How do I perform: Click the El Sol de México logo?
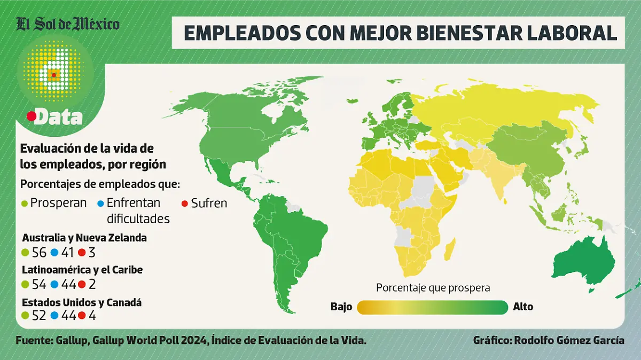68,25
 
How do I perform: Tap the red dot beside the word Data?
32,116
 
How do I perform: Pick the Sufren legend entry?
205,204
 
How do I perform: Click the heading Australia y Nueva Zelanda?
84,238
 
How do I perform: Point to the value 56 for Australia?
40,253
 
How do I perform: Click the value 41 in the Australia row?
68,253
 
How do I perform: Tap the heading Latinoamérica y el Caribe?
82,270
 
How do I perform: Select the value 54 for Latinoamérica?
40,285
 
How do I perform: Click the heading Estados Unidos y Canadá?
82,302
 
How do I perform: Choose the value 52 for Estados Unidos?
40,316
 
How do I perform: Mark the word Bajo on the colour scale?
341,307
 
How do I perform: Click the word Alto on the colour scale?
523,307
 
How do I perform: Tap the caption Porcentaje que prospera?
433,288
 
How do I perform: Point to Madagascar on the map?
450,249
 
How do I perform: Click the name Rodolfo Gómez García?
571,340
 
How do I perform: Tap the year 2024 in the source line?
191,340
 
